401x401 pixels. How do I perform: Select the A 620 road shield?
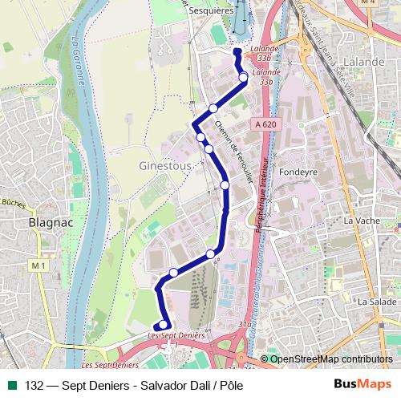[267, 124]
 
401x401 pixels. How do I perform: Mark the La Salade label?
[377, 301]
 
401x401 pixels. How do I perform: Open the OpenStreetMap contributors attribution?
[330, 359]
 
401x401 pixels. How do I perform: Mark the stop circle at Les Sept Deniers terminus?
[163, 325]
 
